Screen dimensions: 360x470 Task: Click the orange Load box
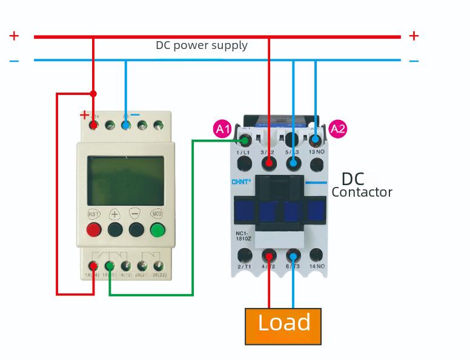tap(283, 326)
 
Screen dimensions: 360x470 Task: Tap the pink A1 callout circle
tap(223, 129)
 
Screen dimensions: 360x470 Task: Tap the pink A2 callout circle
tap(338, 129)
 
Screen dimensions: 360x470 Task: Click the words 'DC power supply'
tap(202, 45)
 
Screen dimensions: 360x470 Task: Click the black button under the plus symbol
tap(115, 229)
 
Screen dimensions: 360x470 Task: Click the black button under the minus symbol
tap(136, 229)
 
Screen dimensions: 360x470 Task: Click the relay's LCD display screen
tap(125, 180)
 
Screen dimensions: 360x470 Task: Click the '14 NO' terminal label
tap(317, 266)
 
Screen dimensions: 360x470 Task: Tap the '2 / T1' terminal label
tap(244, 266)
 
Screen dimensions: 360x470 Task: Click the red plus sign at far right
tap(414, 36)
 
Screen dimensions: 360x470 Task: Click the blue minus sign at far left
tap(14, 61)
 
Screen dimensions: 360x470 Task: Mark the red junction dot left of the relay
tap(93, 93)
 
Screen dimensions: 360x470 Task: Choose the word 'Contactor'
tap(362, 192)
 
